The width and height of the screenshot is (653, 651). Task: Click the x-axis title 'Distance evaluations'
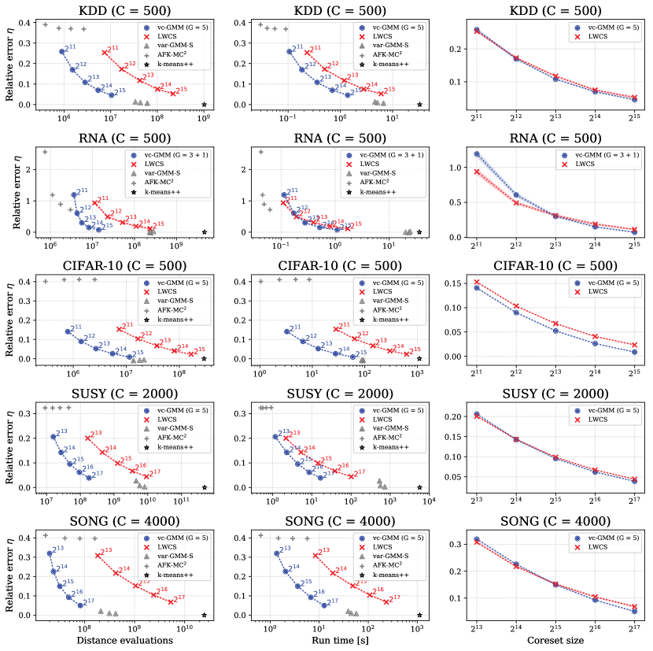click(124, 640)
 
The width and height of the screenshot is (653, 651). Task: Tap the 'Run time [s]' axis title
click(339, 640)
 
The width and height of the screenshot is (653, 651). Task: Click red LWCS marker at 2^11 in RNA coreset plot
click(476, 172)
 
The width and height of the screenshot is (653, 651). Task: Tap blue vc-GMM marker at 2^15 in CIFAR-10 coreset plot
click(634, 352)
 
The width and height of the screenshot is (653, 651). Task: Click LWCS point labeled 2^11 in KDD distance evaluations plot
click(105, 53)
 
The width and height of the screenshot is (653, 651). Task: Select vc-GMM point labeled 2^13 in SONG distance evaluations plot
click(50, 553)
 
